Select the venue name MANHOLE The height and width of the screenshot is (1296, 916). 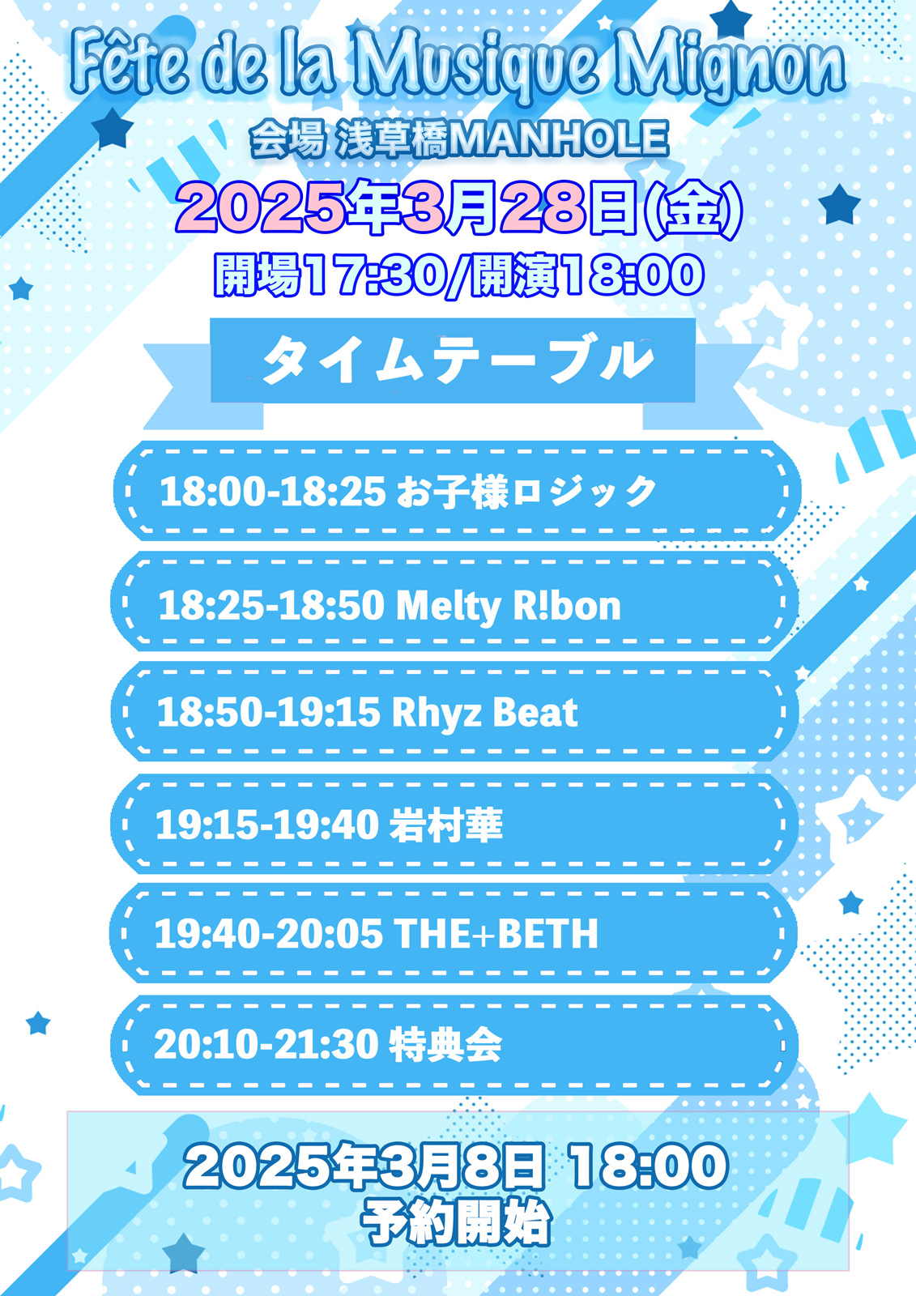pyautogui.click(x=558, y=140)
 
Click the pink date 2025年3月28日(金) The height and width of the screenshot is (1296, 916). pyautogui.click(x=458, y=210)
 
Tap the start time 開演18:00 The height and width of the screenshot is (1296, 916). pyautogui.click(x=586, y=276)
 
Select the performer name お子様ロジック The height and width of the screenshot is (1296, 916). pyautogui.click(x=526, y=491)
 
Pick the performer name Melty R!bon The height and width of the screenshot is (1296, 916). pyautogui.click(x=508, y=607)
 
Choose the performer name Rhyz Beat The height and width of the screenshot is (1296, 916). pyautogui.click(x=485, y=712)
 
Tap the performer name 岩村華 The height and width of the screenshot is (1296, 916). pyautogui.click(x=445, y=824)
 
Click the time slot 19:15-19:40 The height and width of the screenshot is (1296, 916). pyautogui.click(x=267, y=825)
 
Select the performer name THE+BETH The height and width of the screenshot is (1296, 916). pyautogui.click(x=496, y=934)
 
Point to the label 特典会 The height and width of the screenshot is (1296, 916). pyautogui.click(x=445, y=1045)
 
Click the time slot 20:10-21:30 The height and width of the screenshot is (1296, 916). pyautogui.click(x=266, y=1045)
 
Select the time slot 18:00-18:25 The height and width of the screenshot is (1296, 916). pyautogui.click(x=273, y=492)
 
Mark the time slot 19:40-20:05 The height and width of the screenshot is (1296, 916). pyautogui.click(x=269, y=935)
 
